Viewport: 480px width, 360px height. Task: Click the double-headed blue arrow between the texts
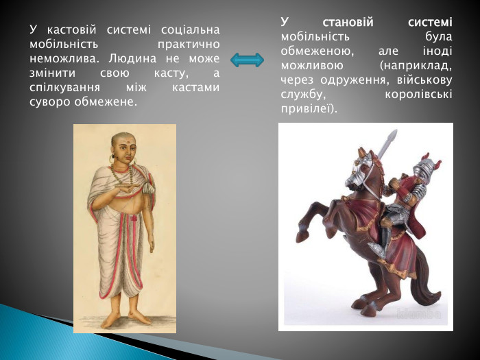coord(247,60)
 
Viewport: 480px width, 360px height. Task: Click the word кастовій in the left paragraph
coord(71,30)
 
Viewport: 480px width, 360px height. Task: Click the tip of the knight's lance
coord(392,135)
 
